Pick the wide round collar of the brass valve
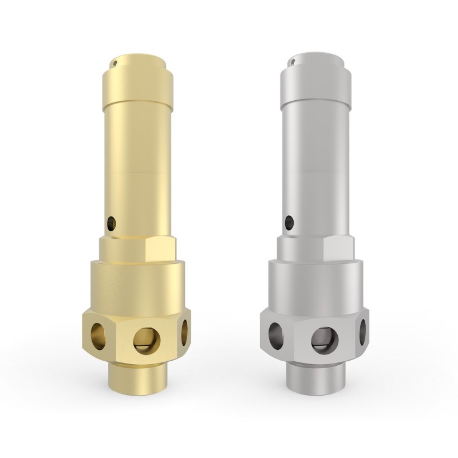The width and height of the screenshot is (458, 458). pos(137,283)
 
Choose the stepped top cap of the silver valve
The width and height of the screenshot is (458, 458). pos(315,74)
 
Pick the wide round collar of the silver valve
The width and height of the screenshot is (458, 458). pos(315,283)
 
